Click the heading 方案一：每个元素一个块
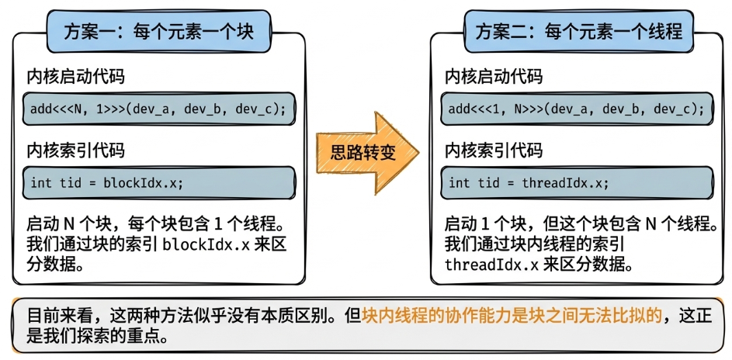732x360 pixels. click(x=159, y=31)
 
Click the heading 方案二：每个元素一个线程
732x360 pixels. click(x=579, y=31)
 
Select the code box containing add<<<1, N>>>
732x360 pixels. click(x=578, y=109)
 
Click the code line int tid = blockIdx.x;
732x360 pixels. click(x=107, y=183)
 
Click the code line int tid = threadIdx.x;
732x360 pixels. click(x=529, y=183)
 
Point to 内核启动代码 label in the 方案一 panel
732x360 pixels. click(x=75, y=77)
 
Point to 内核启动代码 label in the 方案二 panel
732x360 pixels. click(x=494, y=77)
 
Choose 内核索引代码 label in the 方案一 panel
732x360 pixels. click(x=75, y=151)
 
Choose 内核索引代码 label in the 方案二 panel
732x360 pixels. click(x=494, y=151)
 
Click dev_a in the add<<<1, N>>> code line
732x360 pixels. click(x=574, y=109)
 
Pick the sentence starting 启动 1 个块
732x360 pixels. click(x=579, y=225)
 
